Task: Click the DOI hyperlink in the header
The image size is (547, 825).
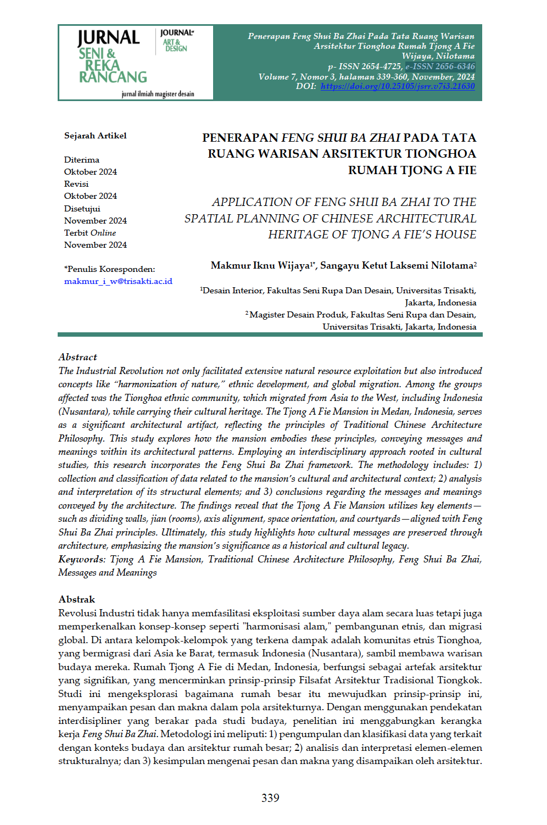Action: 397,86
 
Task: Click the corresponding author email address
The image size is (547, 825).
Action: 118,281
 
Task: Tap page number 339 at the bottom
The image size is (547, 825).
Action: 270,798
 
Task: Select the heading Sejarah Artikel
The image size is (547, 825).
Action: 95,136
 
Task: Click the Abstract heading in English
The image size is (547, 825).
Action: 77,357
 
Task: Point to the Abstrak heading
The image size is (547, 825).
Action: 76,599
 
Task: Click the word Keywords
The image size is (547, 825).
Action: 81,559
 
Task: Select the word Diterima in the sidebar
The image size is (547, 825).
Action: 81,160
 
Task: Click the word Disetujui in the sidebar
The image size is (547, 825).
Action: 82,209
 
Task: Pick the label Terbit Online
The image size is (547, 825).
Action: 90,233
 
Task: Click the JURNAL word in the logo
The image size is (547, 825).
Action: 109,38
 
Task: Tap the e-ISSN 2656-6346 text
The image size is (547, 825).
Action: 440,66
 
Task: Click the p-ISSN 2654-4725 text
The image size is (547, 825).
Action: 365,66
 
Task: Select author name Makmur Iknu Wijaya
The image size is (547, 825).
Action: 260,266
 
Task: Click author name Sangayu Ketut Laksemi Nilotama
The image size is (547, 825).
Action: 397,266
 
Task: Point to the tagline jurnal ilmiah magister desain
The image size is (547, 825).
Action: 158,94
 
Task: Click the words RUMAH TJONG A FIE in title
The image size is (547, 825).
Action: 412,170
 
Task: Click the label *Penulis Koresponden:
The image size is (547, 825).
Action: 109,269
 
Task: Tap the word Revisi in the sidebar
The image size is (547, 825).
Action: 76,184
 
